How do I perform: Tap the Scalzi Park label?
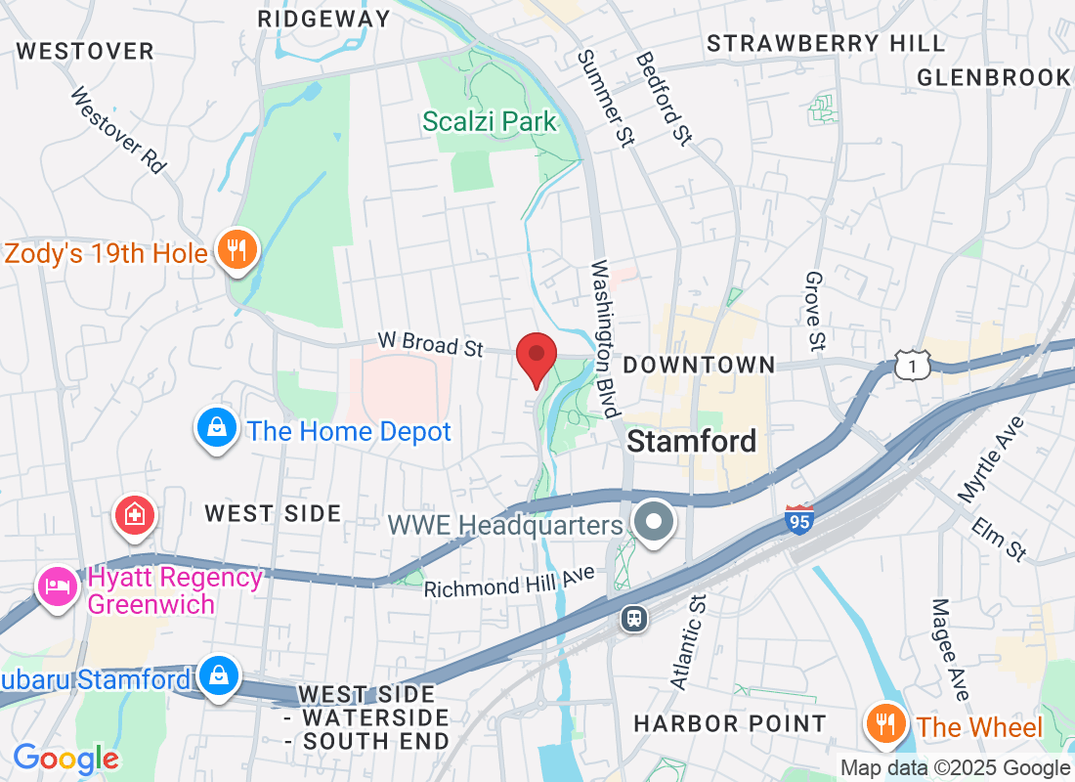coord(490,122)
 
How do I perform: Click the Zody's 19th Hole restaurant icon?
coord(236,250)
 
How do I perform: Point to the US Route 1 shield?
coord(911,366)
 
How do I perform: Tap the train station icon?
coord(634,618)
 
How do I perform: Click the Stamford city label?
coord(692,441)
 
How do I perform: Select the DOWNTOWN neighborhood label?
coord(699,366)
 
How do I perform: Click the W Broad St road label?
coord(431,345)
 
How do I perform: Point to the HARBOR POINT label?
coord(730,724)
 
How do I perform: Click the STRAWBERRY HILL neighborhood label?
coord(826,44)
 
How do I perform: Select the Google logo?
coord(65,758)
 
